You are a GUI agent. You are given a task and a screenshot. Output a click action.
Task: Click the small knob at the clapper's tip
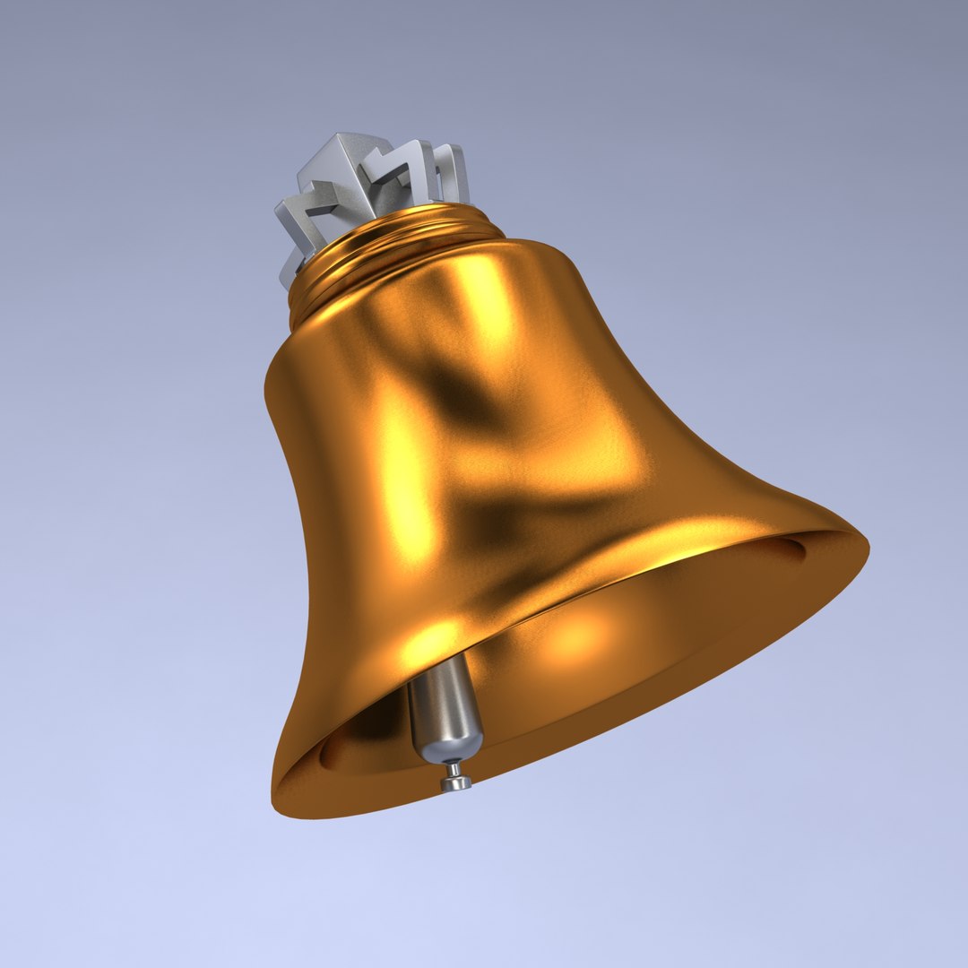pos(456,782)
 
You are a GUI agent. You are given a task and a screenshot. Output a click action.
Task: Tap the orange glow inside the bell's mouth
pos(574,636)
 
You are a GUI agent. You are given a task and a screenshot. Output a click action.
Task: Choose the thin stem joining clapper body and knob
pos(454,768)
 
